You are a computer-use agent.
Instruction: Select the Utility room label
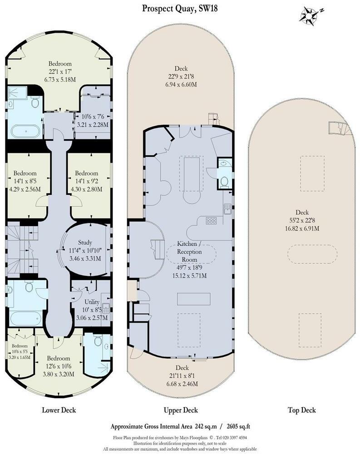(x=92, y=301)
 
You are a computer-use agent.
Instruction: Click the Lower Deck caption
(x=59, y=410)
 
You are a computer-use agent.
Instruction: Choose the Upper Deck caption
(x=181, y=410)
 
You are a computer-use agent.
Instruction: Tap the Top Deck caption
(x=302, y=410)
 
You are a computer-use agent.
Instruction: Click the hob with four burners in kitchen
(x=212, y=221)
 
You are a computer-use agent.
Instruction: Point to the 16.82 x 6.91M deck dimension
(x=302, y=228)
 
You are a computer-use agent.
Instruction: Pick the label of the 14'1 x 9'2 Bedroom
(x=87, y=173)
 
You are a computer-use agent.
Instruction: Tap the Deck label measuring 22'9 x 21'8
(x=181, y=69)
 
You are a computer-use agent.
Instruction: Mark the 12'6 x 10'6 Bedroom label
(x=59, y=358)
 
